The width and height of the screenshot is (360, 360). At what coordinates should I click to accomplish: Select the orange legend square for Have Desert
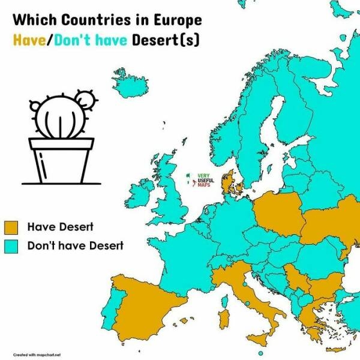[12, 227]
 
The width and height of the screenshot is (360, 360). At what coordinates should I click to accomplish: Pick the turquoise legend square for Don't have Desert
[12, 246]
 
